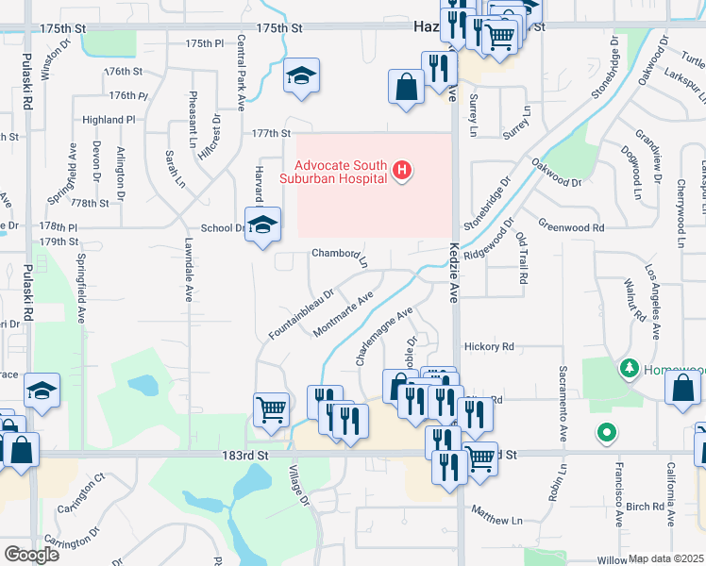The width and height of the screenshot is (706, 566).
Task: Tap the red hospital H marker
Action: click(403, 171)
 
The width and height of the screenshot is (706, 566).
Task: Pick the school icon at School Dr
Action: click(262, 225)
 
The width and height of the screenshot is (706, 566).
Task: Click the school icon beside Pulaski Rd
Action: click(42, 390)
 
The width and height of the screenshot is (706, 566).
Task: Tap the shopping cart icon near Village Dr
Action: click(271, 410)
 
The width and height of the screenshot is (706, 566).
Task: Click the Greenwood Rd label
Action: click(570, 227)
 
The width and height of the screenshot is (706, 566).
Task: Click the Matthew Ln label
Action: click(496, 520)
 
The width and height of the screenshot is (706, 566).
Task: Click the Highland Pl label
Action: click(109, 120)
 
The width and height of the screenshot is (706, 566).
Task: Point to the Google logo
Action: click(31, 554)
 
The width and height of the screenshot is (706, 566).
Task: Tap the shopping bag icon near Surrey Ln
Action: click(406, 88)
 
